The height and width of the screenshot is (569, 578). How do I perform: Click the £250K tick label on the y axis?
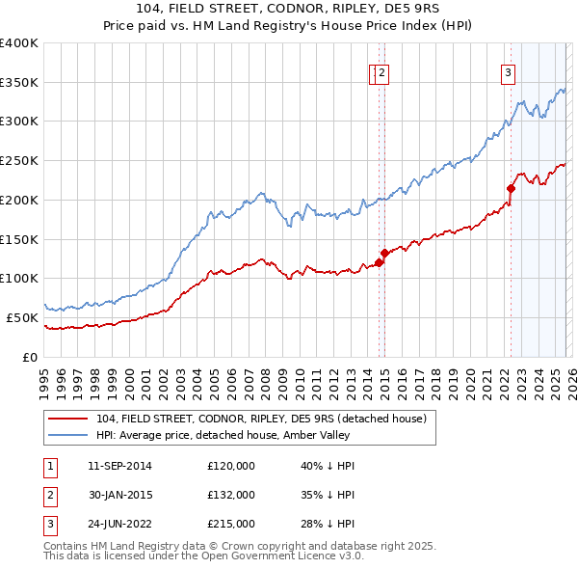[19, 160]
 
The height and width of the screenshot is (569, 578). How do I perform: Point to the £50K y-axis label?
[22, 317]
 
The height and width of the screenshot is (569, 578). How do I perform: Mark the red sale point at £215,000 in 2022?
[511, 188]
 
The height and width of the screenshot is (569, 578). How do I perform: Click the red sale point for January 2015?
[383, 253]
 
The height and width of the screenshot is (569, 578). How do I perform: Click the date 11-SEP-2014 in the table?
[118, 467]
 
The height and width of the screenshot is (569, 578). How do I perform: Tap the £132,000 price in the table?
[231, 495]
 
